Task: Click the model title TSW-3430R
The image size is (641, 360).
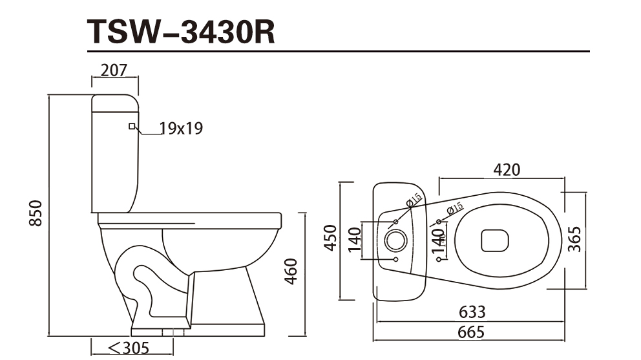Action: [181, 32]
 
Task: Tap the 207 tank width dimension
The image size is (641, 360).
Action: [114, 70]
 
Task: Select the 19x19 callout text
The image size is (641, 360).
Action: [181, 129]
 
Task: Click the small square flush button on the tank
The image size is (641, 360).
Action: [132, 127]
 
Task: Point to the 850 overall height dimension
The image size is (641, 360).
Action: [36, 213]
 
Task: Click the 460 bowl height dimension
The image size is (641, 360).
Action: [291, 271]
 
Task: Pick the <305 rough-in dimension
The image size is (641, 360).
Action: [129, 348]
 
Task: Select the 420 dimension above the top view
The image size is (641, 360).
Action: [507, 169]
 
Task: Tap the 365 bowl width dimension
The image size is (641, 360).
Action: [574, 239]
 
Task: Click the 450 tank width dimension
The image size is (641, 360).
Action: [330, 238]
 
